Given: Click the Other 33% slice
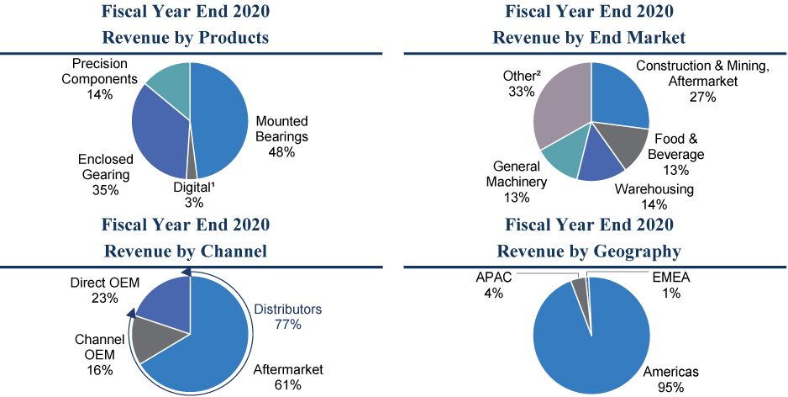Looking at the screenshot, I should tap(561, 105).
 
